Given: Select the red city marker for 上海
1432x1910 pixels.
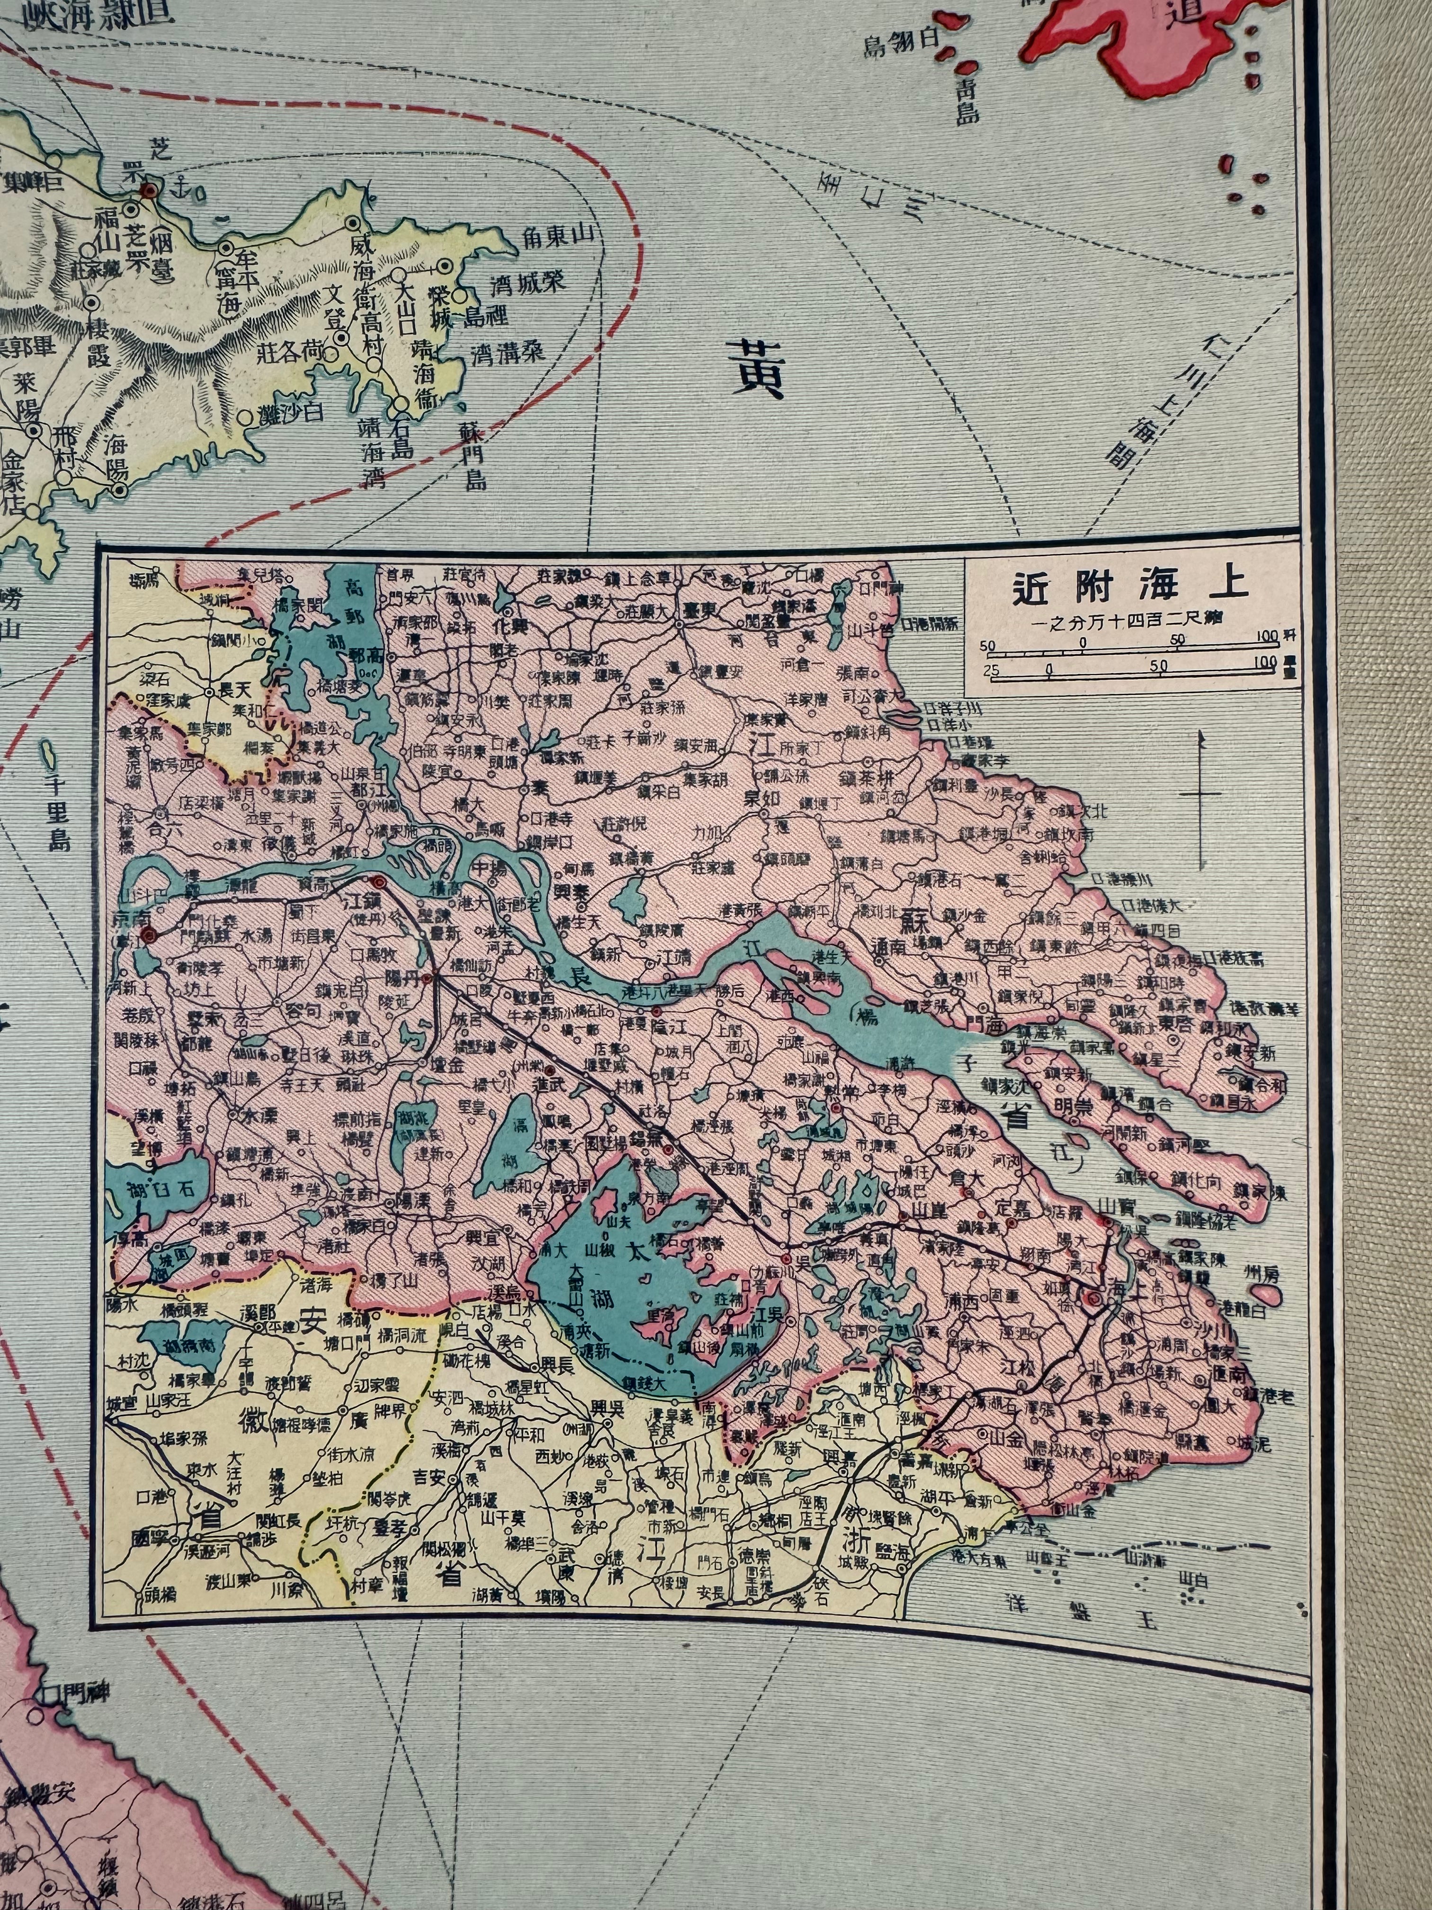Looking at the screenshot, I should [x=1094, y=1298].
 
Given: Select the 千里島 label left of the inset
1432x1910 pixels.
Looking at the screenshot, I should [x=59, y=813].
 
